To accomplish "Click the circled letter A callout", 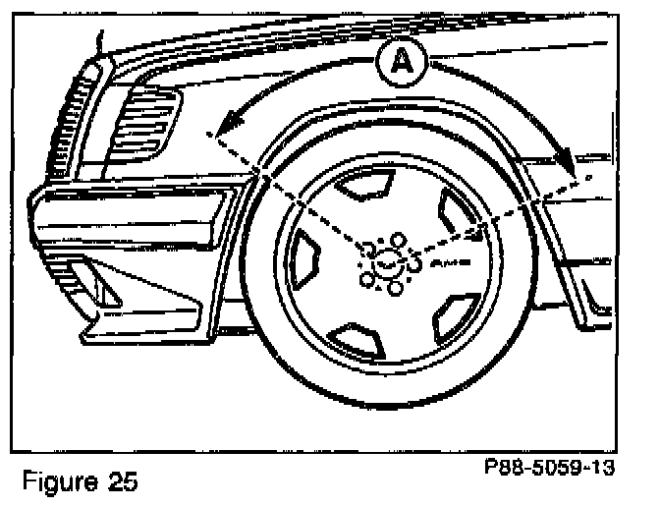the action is click(x=400, y=64).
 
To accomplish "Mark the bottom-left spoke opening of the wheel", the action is click(x=356, y=339).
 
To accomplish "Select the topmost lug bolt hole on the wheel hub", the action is click(x=397, y=239).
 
